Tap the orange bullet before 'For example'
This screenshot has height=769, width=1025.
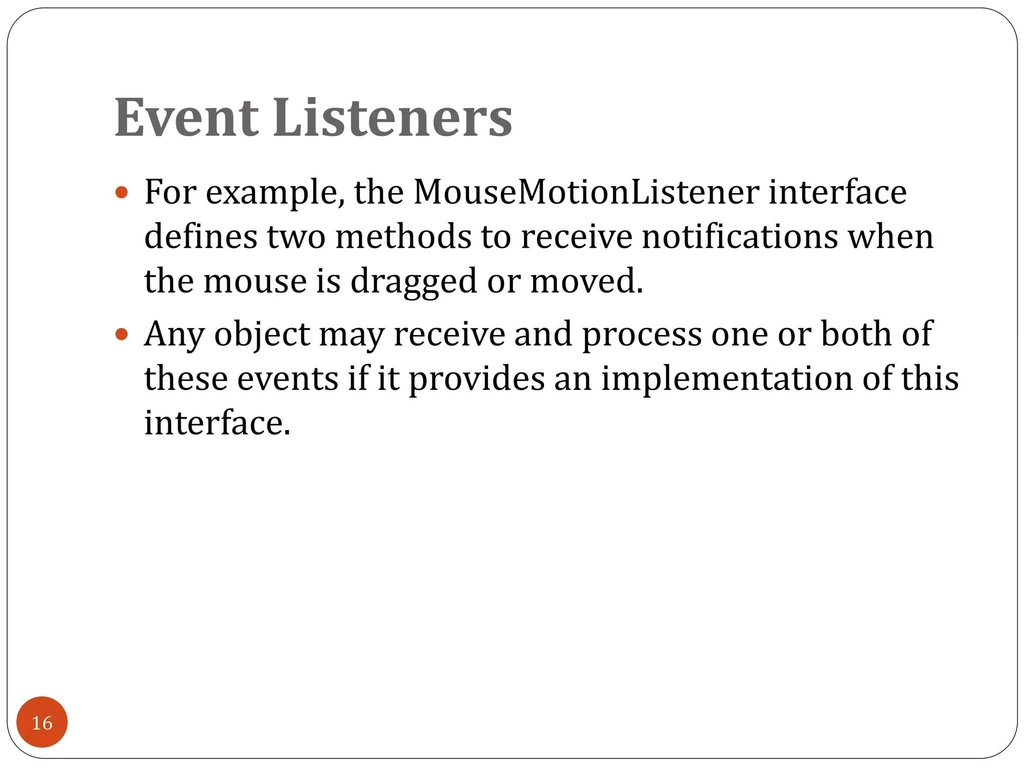[122, 192]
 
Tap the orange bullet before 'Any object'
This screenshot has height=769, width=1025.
[122, 334]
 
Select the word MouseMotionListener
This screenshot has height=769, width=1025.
[586, 192]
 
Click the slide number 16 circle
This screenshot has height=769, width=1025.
[42, 722]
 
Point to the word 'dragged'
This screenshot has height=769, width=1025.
[414, 281]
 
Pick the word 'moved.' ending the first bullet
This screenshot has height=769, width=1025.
[587, 281]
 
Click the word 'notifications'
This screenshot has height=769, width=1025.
[740, 237]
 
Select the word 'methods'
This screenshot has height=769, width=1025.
[403, 237]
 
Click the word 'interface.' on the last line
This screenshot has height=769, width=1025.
[217, 423]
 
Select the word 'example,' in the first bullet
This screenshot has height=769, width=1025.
[275, 193]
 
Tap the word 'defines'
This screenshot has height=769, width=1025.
[201, 237]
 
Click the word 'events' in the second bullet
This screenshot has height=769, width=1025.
[287, 379]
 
